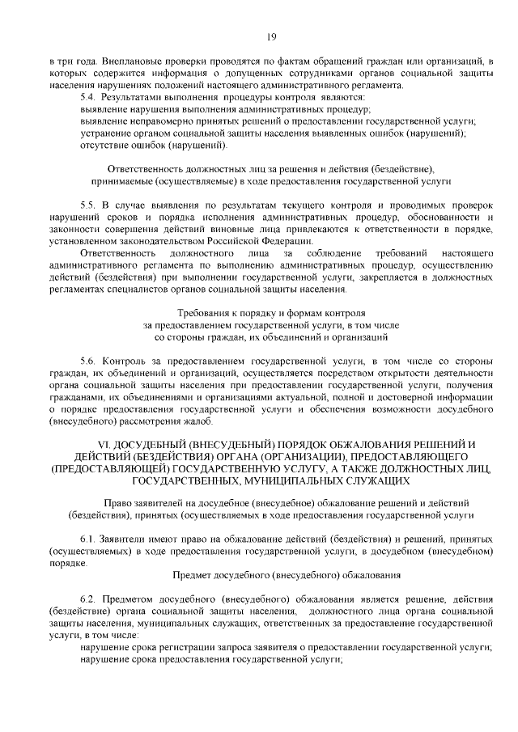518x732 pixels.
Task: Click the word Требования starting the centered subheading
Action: pos(202,311)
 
